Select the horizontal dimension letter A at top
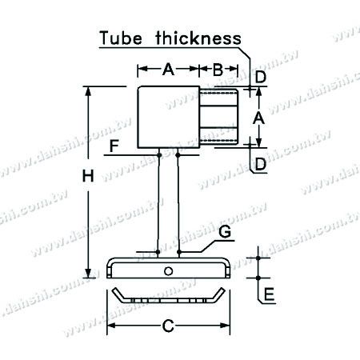pos(168,70)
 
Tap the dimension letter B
pos(218,70)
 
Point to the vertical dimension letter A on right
pos(258,118)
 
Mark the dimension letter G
pos(225,232)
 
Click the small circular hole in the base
pos(168,271)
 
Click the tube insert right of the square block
pos(218,117)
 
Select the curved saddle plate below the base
pos(168,297)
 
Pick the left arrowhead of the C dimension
pos(113,326)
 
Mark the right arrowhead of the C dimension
pos(226,326)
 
